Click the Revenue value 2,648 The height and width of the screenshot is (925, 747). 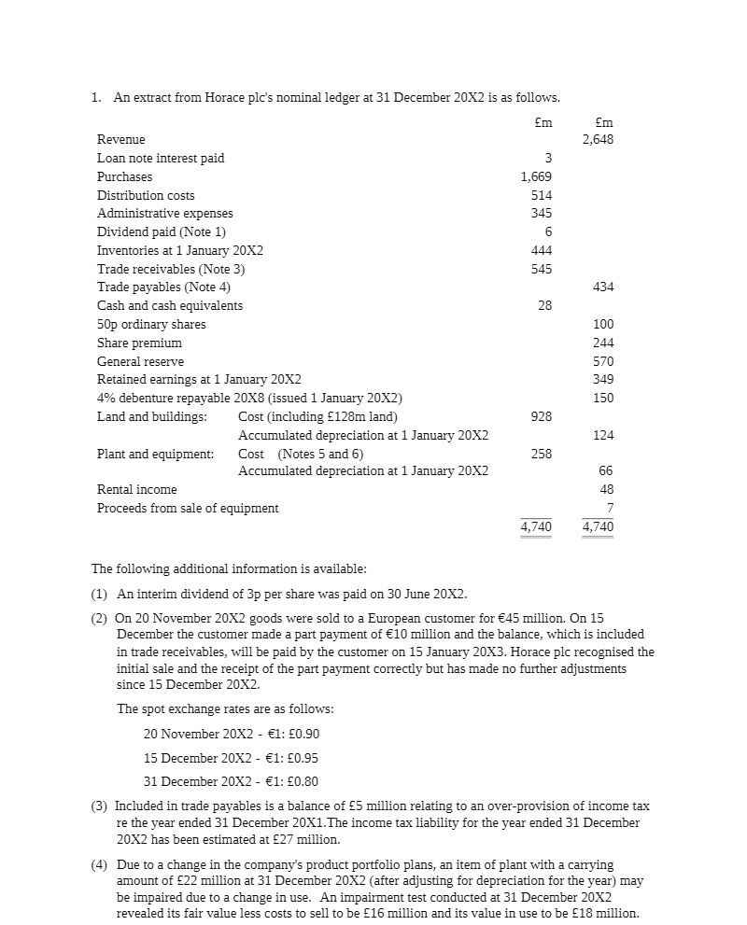pyautogui.click(x=598, y=140)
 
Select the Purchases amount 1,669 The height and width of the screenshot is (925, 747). pyautogui.click(x=536, y=176)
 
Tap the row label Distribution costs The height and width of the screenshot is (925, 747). pyautogui.click(x=146, y=195)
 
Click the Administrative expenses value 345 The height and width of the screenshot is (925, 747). pyautogui.click(x=541, y=214)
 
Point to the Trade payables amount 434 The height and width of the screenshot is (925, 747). pyautogui.click(x=603, y=287)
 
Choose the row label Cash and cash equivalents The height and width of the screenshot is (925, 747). pyautogui.click(x=170, y=306)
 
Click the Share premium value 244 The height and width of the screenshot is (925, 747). pyautogui.click(x=603, y=343)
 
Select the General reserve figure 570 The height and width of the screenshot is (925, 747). pyautogui.click(x=603, y=361)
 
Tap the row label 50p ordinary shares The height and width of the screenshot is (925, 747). pyautogui.click(x=151, y=324)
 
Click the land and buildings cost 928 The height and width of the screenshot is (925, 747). pyautogui.click(x=541, y=416)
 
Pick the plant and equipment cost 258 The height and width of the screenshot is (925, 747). pyautogui.click(x=541, y=454)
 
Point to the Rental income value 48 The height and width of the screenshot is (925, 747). pyautogui.click(x=606, y=490)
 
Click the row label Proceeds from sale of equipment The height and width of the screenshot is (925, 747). pyautogui.click(x=188, y=509)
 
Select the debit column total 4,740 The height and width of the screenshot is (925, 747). pyautogui.click(x=536, y=527)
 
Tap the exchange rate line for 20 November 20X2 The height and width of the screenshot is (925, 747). pyautogui.click(x=232, y=735)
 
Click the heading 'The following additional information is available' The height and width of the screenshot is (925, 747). pyautogui.click(x=229, y=568)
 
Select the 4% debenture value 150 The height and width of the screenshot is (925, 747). pyautogui.click(x=603, y=399)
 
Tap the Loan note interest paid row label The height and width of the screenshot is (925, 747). pyautogui.click(x=161, y=159)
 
